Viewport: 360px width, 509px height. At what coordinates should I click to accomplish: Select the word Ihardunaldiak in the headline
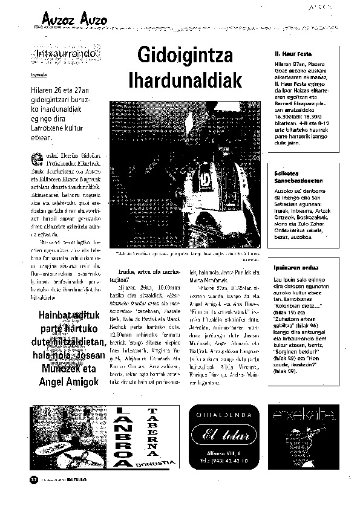185,80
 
